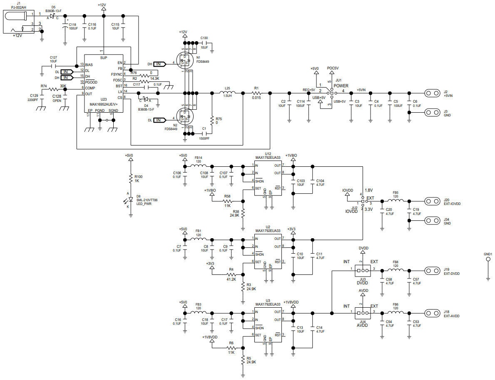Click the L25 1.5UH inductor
click(x=227, y=93)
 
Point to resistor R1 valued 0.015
click(x=256, y=93)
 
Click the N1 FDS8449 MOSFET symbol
click(x=184, y=61)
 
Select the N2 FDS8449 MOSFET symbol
click(x=184, y=116)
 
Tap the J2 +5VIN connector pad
click(x=432, y=93)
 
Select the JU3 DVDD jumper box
click(x=363, y=269)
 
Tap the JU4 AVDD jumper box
click(x=363, y=313)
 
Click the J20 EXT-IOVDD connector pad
click(x=432, y=202)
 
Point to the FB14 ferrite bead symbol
click(x=199, y=166)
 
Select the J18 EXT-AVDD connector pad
click(x=432, y=313)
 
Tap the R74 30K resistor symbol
click(x=54, y=89)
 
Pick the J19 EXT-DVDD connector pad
click(x=432, y=269)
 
